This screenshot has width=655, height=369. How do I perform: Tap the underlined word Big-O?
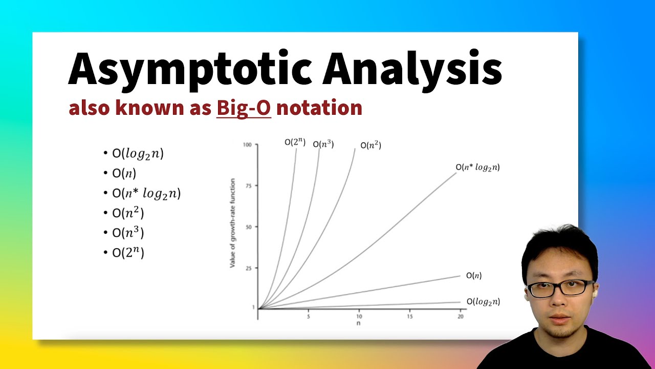click(244, 108)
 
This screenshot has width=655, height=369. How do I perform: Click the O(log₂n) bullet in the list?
click(138, 153)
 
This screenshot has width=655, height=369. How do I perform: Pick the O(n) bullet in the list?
click(124, 173)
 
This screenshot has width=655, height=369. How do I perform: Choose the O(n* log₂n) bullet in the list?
click(146, 193)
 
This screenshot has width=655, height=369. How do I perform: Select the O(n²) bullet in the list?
click(128, 213)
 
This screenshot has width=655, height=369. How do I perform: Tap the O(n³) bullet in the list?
click(128, 233)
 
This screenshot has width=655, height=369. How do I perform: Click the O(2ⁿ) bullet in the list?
click(128, 253)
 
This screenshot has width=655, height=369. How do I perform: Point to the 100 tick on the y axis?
click(248, 145)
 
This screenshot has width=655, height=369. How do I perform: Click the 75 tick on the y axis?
click(249, 186)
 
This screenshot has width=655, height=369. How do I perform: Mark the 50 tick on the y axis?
click(249, 227)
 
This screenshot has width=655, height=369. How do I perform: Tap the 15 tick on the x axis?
click(410, 317)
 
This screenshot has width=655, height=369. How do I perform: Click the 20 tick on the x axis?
click(461, 317)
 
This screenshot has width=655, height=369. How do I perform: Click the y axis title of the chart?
click(233, 223)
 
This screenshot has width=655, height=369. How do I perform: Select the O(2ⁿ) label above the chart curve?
click(295, 142)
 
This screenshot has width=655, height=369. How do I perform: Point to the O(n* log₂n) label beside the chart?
click(477, 167)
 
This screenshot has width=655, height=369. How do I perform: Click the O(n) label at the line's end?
click(474, 276)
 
